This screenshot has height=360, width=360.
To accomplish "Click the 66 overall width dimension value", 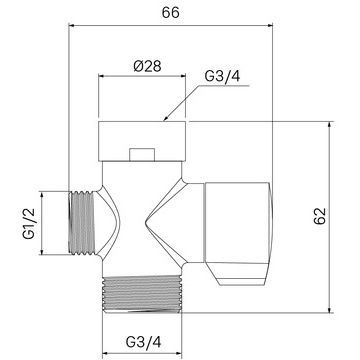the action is (x=171, y=13).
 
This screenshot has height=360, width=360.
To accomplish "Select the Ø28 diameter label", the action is (x=147, y=66).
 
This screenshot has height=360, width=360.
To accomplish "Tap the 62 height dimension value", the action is (x=320, y=216).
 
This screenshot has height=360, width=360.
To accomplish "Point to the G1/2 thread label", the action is (x=29, y=223).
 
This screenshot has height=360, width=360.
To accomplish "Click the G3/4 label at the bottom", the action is (x=143, y=341).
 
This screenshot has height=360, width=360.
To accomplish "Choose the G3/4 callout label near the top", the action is (x=222, y=76).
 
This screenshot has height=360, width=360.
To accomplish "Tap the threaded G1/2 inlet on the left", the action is (x=82, y=223).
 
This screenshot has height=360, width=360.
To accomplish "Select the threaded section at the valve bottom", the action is (x=142, y=294).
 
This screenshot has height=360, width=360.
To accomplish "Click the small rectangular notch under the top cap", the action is (x=142, y=155).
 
